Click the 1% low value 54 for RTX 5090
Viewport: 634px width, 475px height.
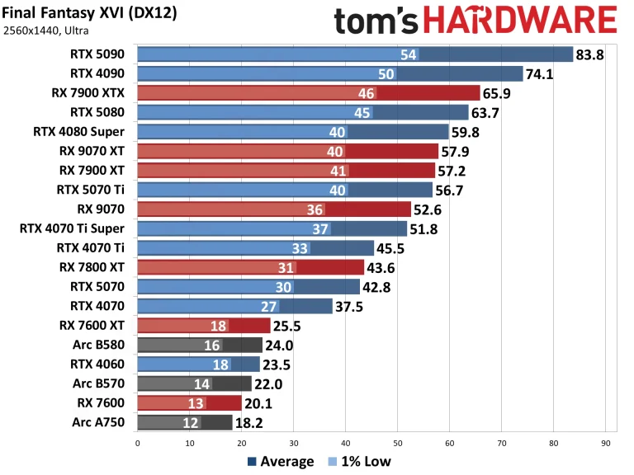coord(408,55)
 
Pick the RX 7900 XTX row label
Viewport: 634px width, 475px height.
coord(91,93)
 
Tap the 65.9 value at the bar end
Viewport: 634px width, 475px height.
coord(499,94)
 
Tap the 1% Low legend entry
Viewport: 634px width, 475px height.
coord(360,462)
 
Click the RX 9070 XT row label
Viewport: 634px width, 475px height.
coord(92,151)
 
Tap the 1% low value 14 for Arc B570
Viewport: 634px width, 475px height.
coord(201,383)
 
